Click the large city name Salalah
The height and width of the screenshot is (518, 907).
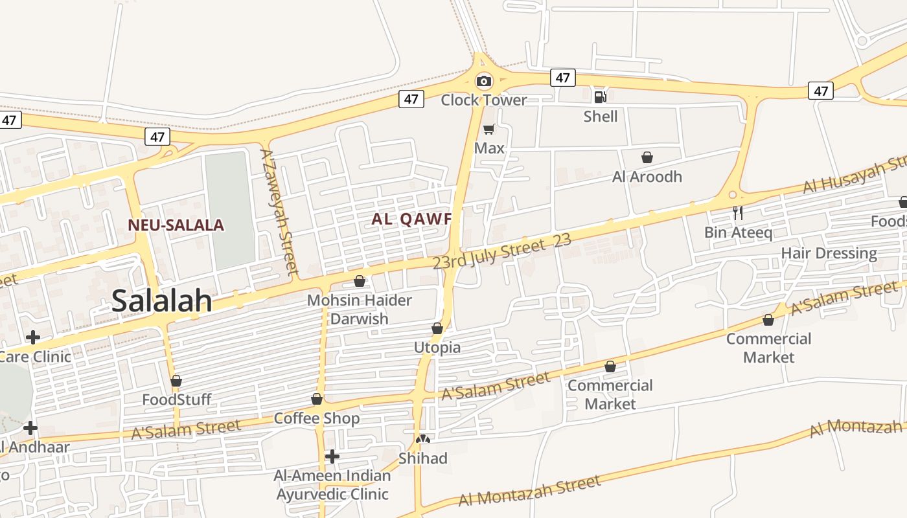(162, 301)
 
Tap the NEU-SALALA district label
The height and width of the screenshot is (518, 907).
(176, 225)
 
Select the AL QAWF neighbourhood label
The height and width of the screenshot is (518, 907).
(411, 219)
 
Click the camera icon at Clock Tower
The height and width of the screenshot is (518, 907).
(483, 82)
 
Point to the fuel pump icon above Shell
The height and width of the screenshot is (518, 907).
(600, 97)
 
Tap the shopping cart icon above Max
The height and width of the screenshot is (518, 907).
(489, 129)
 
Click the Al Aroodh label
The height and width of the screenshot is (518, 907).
(647, 177)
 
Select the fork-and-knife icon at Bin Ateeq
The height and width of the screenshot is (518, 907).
(737, 212)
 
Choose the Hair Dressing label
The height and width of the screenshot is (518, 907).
(829, 253)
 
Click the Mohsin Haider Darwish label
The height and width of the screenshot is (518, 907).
(359, 310)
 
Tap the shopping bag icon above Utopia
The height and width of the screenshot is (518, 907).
(437, 328)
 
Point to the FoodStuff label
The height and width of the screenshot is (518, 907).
(177, 400)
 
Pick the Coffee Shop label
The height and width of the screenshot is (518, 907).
(316, 418)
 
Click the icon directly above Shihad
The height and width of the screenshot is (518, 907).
(423, 440)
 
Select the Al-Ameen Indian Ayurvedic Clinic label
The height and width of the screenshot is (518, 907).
(332, 485)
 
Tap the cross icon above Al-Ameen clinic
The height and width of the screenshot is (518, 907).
(332, 456)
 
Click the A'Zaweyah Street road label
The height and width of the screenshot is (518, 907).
(279, 211)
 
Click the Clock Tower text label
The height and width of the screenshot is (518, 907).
(484, 100)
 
